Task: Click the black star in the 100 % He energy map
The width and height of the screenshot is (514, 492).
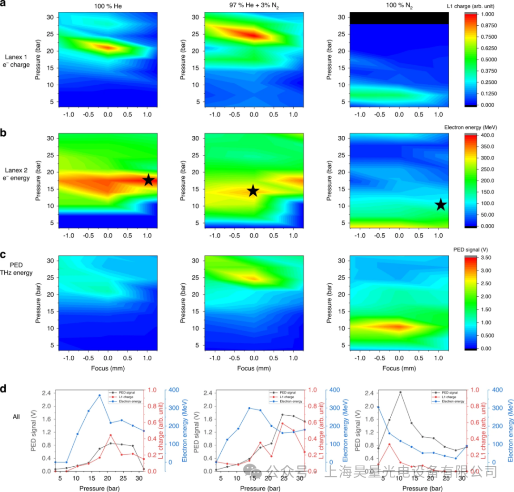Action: pyautogui.click(x=148, y=180)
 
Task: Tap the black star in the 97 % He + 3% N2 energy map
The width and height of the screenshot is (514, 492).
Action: pyautogui.click(x=253, y=191)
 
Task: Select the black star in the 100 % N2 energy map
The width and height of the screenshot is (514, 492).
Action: pyautogui.click(x=441, y=205)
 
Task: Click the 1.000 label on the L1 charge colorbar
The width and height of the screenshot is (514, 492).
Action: pyautogui.click(x=491, y=14)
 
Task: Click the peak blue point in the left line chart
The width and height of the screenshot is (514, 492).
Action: pyautogui.click(x=86, y=395)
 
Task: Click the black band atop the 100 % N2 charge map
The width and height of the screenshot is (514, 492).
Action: pyautogui.click(x=399, y=18)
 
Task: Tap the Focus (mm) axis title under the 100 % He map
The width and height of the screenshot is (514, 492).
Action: pyautogui.click(x=108, y=369)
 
